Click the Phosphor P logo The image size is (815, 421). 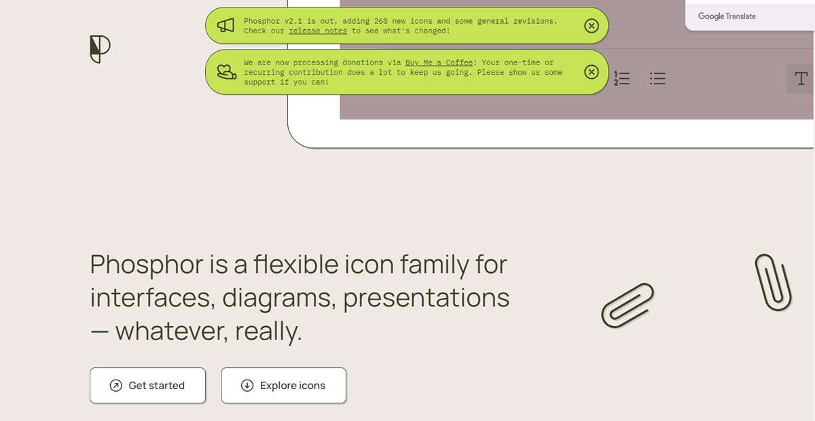[x=100, y=49]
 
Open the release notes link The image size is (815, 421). [x=318, y=31]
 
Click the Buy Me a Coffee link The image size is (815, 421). [x=439, y=62]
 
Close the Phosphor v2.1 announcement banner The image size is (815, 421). [x=592, y=26]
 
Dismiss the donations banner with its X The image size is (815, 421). [x=592, y=72]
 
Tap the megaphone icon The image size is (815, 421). [x=225, y=26]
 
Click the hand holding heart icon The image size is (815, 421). [x=226, y=72]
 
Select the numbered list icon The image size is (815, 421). [x=621, y=79]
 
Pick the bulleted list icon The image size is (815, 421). [x=657, y=79]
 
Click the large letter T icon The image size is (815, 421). [x=801, y=78]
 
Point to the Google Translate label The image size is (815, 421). [x=727, y=16]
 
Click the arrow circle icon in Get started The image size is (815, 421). [x=115, y=385]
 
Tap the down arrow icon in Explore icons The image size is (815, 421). [x=247, y=385]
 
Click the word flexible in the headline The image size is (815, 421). [x=296, y=264]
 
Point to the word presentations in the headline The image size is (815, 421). [x=426, y=298]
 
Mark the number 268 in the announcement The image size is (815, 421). [x=380, y=21]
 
